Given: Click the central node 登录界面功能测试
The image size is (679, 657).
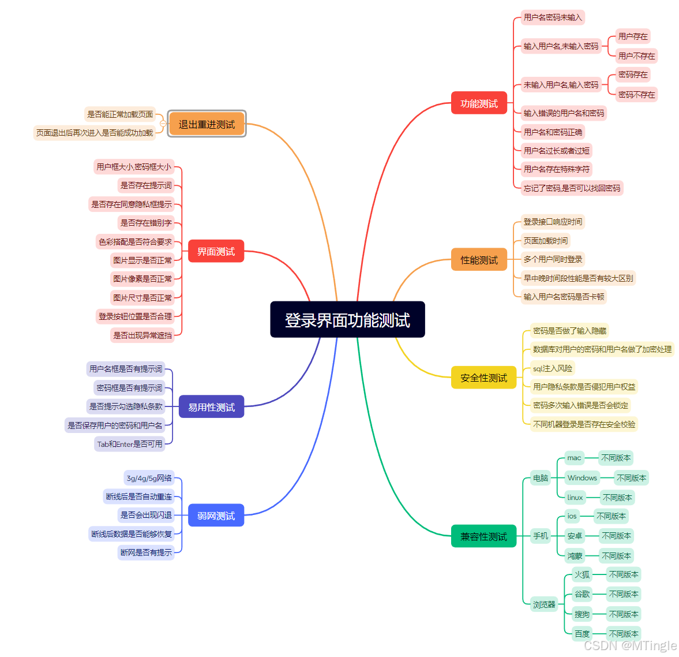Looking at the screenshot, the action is pyautogui.click(x=347, y=319).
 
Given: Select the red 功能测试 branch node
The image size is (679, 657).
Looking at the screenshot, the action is pyautogui.click(x=479, y=103).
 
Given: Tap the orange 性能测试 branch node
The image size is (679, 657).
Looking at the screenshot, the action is pyautogui.click(x=479, y=260).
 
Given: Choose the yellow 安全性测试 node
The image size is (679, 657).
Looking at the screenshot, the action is pyautogui.click(x=483, y=378).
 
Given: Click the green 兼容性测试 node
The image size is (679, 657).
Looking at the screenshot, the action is pyautogui.click(x=483, y=536).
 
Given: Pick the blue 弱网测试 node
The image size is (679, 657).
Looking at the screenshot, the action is pyautogui.click(x=216, y=516).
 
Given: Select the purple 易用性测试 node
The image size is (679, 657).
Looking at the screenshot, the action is pyautogui.click(x=211, y=407).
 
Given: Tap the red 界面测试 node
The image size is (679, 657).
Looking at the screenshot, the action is pyautogui.click(x=216, y=251).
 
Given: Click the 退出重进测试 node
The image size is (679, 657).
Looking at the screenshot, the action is pyautogui.click(x=207, y=124).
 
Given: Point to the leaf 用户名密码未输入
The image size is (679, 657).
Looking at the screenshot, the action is pyautogui.click(x=553, y=17).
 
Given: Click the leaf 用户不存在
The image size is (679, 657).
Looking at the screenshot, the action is pyautogui.click(x=636, y=56).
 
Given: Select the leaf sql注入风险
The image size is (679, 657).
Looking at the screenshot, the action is pyautogui.click(x=552, y=368).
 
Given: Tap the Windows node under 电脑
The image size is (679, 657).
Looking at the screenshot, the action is pyautogui.click(x=582, y=478).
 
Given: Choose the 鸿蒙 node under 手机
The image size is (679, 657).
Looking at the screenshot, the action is pyautogui.click(x=575, y=556).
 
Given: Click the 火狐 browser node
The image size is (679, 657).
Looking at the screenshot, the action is pyautogui.click(x=582, y=574).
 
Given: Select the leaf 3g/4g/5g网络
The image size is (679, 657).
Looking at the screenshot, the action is pyautogui.click(x=149, y=478).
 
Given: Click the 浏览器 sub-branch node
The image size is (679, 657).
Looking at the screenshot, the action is pyautogui.click(x=543, y=604).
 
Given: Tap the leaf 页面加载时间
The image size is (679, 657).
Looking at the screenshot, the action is pyautogui.click(x=545, y=241).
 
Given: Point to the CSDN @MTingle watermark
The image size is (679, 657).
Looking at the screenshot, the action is pyautogui.click(x=630, y=645).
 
